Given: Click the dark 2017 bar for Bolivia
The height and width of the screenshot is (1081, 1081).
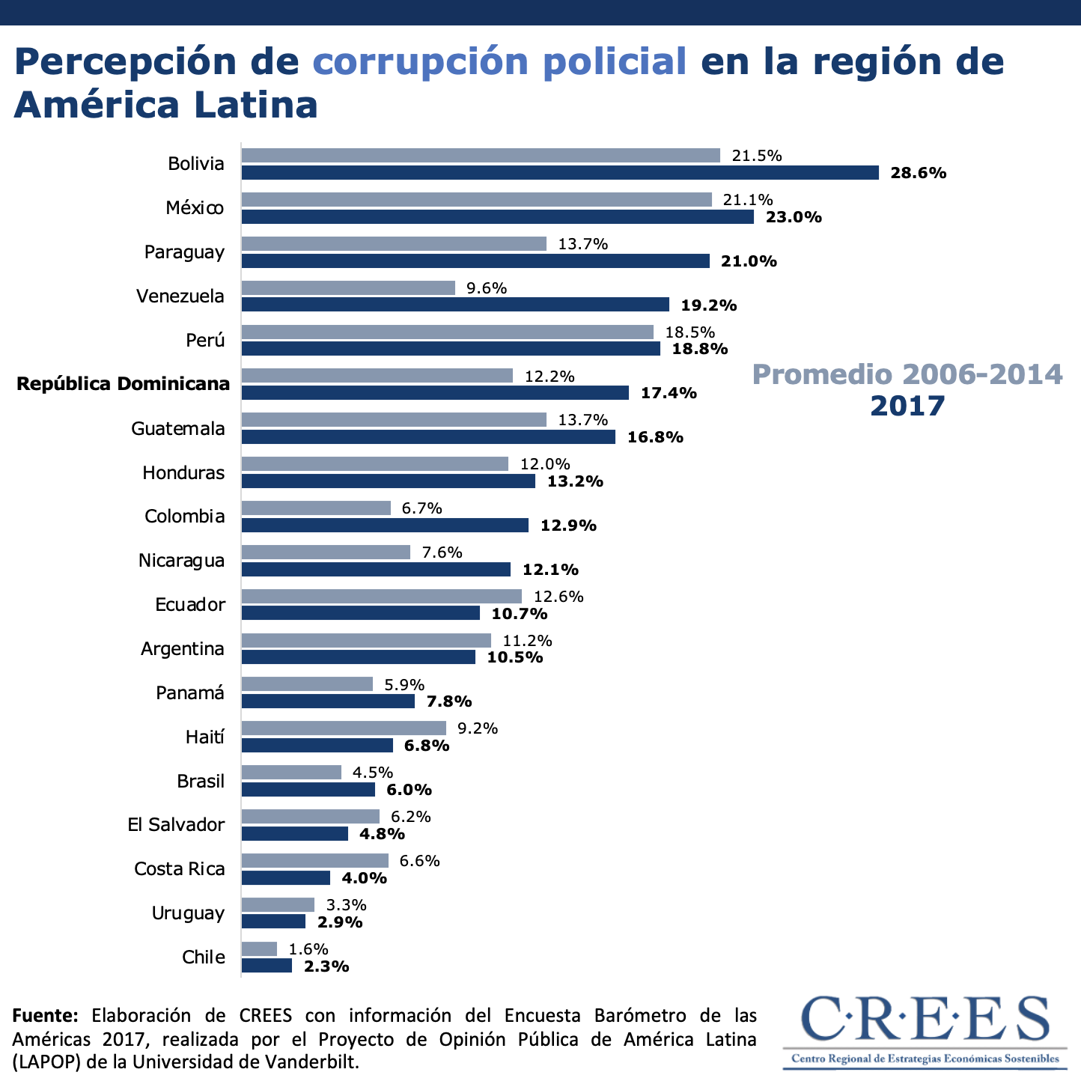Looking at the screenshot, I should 560,173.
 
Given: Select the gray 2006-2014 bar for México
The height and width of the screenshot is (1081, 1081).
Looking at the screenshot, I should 477,200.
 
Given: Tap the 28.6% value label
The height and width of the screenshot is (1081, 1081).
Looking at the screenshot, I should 919,173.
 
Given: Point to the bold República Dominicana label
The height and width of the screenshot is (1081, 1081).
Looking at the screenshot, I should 124,384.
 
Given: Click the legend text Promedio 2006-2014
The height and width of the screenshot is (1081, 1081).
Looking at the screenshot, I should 907,374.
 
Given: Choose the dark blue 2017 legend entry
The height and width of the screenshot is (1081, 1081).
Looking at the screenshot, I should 907,406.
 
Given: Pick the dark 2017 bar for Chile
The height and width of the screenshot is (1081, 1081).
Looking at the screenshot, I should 267,966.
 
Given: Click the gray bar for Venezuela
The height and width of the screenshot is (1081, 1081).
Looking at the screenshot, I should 348,288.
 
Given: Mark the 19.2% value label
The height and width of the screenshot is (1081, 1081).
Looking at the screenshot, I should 709,305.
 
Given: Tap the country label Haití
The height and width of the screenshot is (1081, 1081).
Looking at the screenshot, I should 205,737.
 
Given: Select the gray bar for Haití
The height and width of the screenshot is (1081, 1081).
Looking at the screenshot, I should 344,728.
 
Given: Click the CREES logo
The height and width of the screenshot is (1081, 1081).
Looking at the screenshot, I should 925,1029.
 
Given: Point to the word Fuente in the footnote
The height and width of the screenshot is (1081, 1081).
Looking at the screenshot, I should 45,1016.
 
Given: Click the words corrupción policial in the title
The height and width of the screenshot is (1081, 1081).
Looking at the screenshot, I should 499,61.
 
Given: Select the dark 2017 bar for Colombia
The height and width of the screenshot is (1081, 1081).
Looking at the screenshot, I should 385,526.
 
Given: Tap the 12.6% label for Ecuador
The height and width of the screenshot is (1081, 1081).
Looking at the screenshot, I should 558,597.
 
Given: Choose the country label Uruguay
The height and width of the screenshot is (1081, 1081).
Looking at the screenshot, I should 188,913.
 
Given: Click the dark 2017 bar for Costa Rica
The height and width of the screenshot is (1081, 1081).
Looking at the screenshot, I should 286,877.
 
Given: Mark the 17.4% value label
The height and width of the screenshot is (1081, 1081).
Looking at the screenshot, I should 669,393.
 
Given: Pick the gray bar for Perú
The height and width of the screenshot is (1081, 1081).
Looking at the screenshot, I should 448,332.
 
